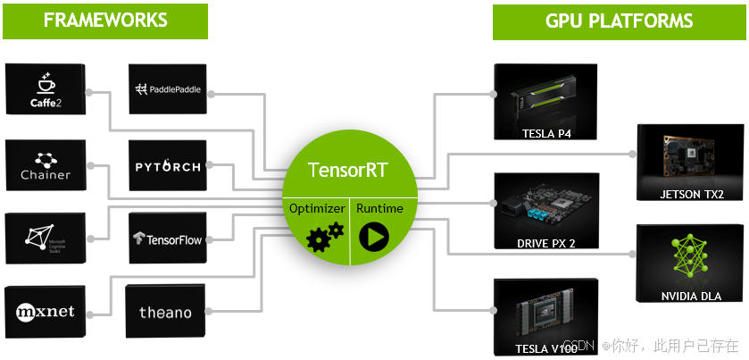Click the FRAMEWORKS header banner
click(104, 21)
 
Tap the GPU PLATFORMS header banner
click(619, 21)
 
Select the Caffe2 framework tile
click(45, 89)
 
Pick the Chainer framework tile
click(45, 164)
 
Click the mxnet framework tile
click(45, 312)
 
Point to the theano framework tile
click(166, 312)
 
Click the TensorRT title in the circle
click(348, 170)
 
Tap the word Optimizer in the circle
click(316, 208)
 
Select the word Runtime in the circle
click(379, 208)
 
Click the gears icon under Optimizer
click(324, 237)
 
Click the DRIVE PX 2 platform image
click(545, 211)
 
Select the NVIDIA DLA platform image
click(691, 263)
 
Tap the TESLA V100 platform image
click(545, 317)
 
